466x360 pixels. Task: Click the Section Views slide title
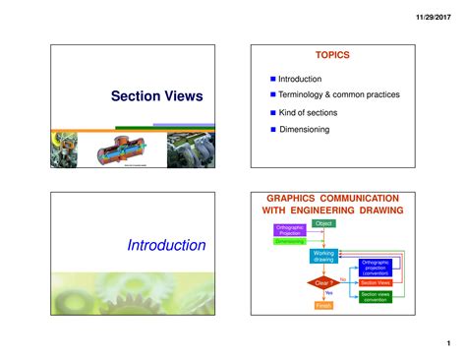156,95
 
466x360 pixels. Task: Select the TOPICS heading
331,56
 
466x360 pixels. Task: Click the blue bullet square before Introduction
273,78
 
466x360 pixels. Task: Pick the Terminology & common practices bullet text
338,94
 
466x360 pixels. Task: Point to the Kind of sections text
307,112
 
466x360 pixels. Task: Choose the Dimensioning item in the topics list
307,129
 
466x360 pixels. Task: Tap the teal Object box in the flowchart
323,224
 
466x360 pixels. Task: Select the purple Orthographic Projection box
290,230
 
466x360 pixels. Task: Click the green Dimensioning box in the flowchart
290,241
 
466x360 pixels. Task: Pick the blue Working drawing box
323,256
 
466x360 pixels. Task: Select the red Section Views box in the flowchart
375,282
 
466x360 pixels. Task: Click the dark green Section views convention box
375,296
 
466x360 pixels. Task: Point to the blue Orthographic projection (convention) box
375,266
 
